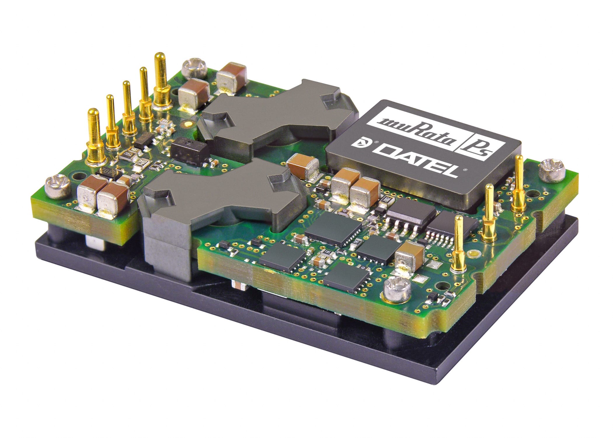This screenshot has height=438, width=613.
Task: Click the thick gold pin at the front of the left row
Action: [x=94, y=137]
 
